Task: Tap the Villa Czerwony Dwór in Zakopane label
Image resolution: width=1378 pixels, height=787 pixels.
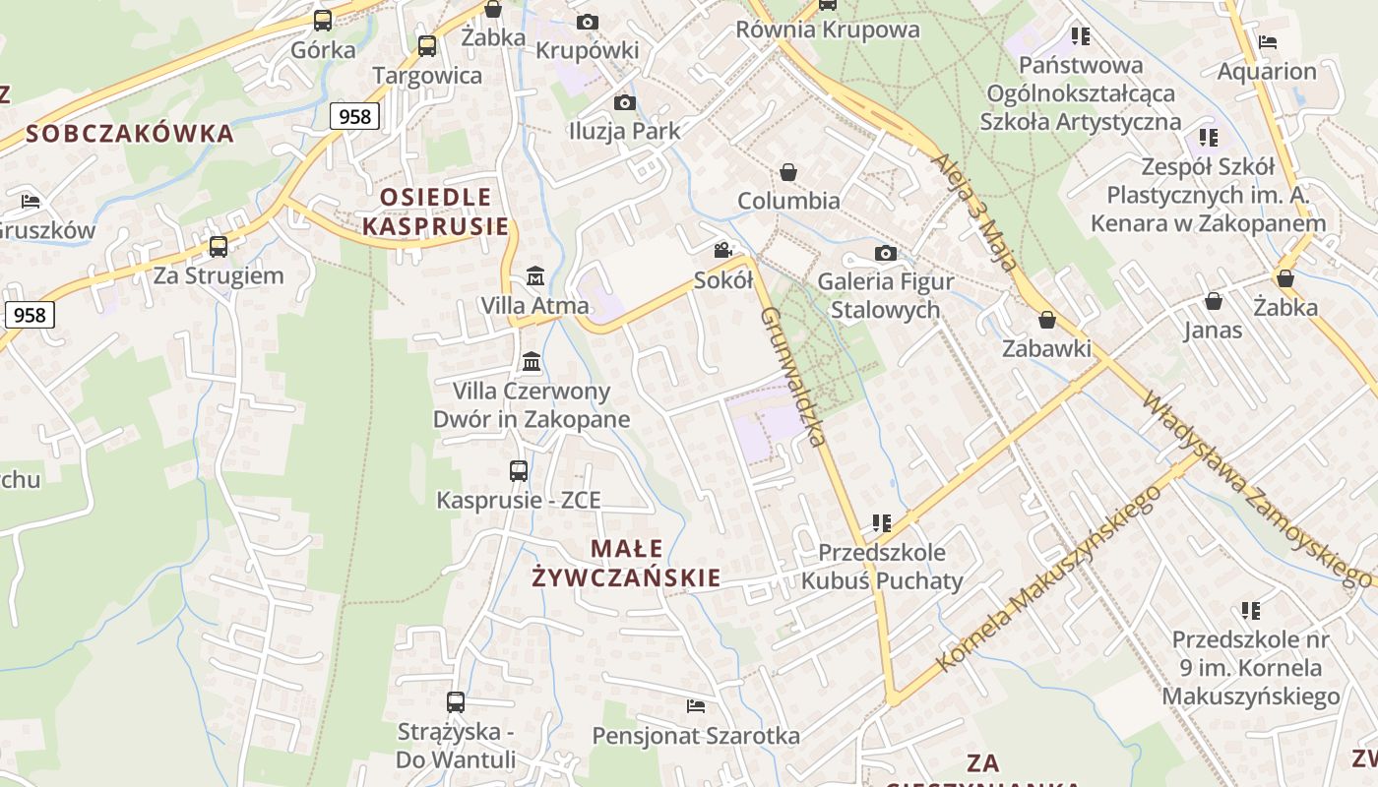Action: coord(532,404)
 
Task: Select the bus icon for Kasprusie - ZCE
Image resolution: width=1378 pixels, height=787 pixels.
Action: coord(519,471)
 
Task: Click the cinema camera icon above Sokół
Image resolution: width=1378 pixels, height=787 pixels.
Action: coord(723,251)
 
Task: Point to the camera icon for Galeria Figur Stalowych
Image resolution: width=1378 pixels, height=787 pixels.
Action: coord(886,254)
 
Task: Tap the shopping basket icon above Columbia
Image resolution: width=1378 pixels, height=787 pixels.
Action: coord(787,173)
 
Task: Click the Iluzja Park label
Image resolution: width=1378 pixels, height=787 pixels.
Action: coord(624,130)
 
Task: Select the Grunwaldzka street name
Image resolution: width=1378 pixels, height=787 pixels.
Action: coord(792,376)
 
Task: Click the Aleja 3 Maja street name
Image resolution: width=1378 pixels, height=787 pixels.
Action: coord(972,212)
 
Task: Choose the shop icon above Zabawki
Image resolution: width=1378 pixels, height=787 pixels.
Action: coord(1047,321)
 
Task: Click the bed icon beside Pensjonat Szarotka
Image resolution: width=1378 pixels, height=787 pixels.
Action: coord(696,706)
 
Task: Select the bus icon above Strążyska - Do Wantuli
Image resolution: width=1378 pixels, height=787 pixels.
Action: coord(455,702)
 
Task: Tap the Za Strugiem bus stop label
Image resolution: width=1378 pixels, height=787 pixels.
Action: coord(219,275)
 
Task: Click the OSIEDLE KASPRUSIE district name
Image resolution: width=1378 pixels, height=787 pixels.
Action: coord(435,212)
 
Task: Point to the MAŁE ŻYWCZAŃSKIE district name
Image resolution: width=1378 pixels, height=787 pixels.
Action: coord(626,563)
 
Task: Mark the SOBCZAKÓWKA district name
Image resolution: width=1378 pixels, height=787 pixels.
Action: coord(130,134)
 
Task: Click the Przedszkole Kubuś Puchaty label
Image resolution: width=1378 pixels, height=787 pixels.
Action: coord(882,567)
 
